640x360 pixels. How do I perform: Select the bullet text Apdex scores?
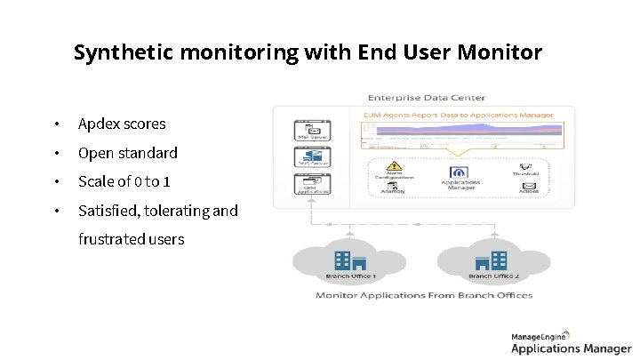click(x=121, y=124)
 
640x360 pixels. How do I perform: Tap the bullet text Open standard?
click(x=127, y=153)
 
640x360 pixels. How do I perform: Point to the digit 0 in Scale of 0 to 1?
click(x=137, y=181)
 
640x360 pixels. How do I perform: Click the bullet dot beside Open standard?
click(x=56, y=153)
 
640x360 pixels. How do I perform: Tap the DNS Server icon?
click(x=312, y=156)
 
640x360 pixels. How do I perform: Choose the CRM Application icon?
click(x=312, y=182)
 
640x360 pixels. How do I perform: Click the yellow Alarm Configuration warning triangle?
click(x=395, y=166)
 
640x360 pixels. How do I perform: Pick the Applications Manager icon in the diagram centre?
click(x=460, y=172)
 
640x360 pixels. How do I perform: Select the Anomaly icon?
click(x=394, y=185)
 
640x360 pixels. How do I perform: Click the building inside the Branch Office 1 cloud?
click(x=349, y=260)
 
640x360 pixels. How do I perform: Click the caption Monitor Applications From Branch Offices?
click(x=424, y=294)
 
